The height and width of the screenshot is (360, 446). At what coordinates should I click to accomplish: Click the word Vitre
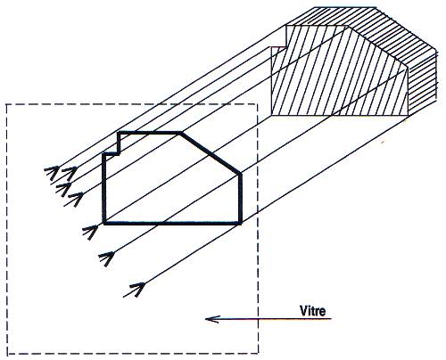pyautogui.click(x=312, y=311)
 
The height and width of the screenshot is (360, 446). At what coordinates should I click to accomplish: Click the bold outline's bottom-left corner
pyautogui.click(x=104, y=223)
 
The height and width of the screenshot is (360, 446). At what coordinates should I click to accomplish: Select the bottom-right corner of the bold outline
pyautogui.click(x=241, y=223)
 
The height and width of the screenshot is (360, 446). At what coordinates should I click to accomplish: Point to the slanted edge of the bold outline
pyautogui.click(x=211, y=153)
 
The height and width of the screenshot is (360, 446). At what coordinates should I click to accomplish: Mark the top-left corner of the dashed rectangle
pyautogui.click(x=6, y=104)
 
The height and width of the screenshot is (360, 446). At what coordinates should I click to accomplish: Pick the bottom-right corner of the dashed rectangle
pyautogui.click(x=258, y=354)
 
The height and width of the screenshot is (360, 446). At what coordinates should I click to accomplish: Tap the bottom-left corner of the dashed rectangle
pyautogui.click(x=7, y=354)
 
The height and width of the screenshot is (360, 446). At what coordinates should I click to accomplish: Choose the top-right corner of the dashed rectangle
pyautogui.click(x=258, y=104)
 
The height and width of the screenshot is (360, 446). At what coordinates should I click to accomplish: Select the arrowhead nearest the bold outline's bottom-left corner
pyautogui.click(x=92, y=230)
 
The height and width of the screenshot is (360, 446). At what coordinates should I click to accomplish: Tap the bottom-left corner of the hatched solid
pyautogui.click(x=272, y=115)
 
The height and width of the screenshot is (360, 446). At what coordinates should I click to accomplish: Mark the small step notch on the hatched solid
pyautogui.click(x=279, y=47)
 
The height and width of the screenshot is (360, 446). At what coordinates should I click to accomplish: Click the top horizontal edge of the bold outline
pyautogui.click(x=149, y=133)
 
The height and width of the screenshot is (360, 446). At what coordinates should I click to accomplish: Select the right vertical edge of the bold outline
pyautogui.click(x=241, y=199)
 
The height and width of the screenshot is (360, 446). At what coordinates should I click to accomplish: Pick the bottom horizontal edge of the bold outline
pyautogui.click(x=172, y=223)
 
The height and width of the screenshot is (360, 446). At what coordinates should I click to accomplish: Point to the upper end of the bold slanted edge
pyautogui.click(x=180, y=133)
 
